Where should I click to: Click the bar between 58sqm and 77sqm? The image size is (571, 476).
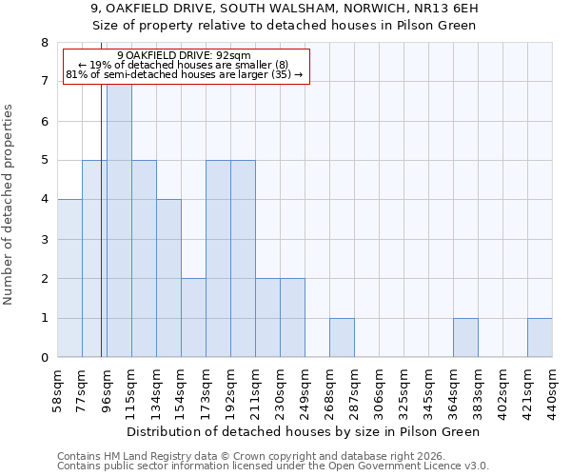pos(69,278)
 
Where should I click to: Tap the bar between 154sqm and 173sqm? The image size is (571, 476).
pos(193,318)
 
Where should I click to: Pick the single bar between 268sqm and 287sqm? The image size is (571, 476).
pos(342,338)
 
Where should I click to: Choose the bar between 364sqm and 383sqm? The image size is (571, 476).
pos(465,338)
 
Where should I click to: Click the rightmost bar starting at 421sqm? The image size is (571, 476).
pos(540,338)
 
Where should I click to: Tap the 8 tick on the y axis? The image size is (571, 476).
pos(44,43)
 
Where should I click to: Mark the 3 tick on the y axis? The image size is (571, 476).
pos(44,239)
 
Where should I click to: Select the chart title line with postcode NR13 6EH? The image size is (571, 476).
pos(285,9)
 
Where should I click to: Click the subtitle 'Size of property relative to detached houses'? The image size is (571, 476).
pos(285,26)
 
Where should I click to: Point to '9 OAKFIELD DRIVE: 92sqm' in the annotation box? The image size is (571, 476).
pos(187,56)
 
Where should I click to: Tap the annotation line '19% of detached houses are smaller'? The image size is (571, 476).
pos(187,65)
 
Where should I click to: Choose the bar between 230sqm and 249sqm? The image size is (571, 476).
pos(292,318)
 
